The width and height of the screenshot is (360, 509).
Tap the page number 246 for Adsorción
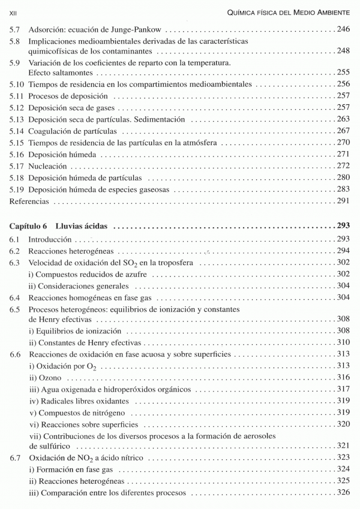[343, 29]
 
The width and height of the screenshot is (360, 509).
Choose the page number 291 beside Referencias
[343, 201]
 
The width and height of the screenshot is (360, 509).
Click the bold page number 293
[342, 227]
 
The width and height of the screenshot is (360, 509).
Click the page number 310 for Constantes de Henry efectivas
[343, 342]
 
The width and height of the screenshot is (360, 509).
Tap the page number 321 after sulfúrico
[343, 446]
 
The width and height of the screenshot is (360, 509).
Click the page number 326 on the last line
[343, 493]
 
